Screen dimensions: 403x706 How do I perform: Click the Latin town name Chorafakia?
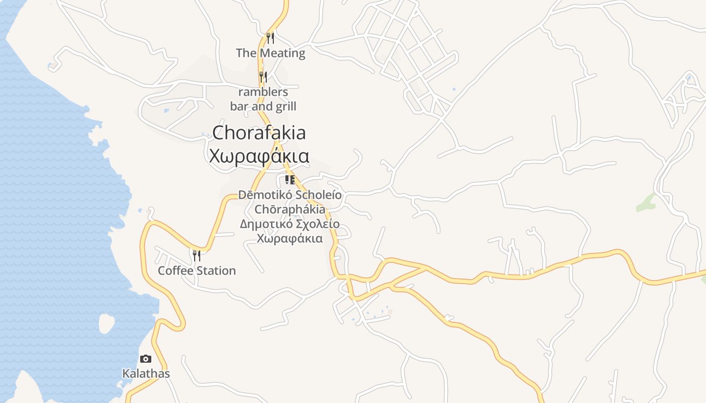click(259, 133)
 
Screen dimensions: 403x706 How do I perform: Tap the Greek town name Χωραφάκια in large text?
click(259, 156)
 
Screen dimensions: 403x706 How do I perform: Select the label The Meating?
click(270, 53)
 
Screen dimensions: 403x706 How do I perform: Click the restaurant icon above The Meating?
click(270, 38)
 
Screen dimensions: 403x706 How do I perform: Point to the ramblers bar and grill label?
click(263, 99)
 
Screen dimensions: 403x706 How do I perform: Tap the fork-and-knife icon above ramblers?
click(263, 77)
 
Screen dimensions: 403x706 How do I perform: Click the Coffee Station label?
click(197, 271)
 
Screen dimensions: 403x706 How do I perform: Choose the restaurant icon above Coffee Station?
click(197, 255)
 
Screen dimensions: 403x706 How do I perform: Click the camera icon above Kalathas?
click(146, 359)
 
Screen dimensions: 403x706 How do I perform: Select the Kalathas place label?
click(146, 374)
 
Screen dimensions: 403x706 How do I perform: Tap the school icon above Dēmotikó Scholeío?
click(289, 180)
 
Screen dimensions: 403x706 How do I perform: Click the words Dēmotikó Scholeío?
click(290, 195)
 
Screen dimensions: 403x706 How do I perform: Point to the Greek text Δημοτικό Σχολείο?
click(289, 224)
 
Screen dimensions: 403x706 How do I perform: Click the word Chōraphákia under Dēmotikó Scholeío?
click(290, 210)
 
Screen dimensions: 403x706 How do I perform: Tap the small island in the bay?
click(106, 323)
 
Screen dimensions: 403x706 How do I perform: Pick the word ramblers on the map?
click(263, 92)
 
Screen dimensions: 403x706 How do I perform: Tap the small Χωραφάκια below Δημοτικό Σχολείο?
click(290, 238)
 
